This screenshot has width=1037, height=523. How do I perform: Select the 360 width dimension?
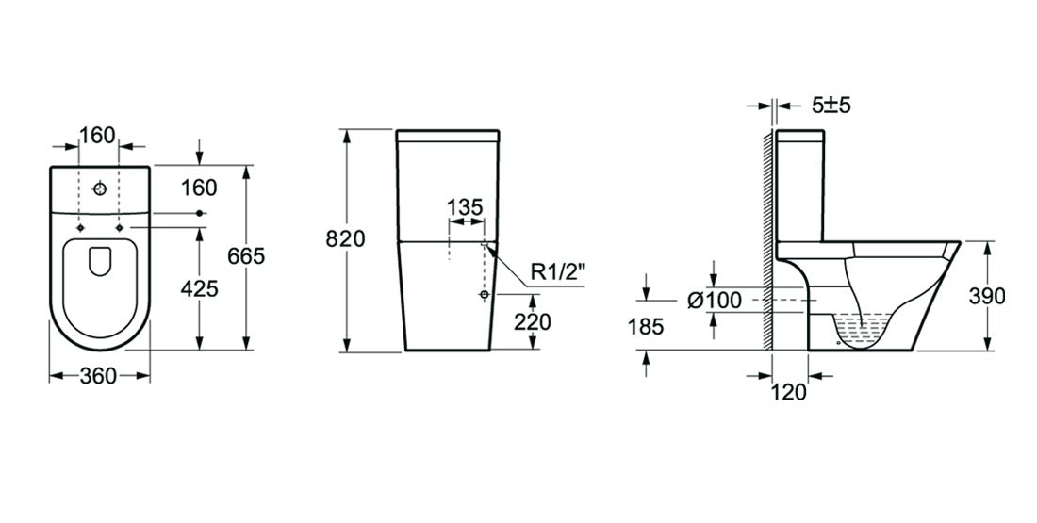click(x=98, y=376)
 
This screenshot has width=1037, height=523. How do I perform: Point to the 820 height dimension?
click(x=345, y=239)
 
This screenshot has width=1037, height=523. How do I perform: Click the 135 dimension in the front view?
click(x=465, y=206)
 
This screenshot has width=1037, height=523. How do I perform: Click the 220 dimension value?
click(x=533, y=321)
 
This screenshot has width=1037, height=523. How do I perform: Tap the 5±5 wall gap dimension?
click(x=831, y=106)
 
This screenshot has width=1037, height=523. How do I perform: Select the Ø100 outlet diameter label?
click(x=715, y=301)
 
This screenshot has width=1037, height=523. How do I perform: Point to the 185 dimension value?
click(x=646, y=327)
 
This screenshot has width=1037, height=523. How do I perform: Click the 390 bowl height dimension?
click(x=987, y=296)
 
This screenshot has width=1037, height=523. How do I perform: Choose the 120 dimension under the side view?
click(x=788, y=393)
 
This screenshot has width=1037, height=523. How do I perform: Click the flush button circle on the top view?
click(x=99, y=188)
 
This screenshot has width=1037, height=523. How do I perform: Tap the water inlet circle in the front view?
click(x=485, y=296)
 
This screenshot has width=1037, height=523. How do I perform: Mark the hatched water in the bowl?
click(x=862, y=330)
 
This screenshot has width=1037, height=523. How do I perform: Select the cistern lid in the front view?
click(x=449, y=136)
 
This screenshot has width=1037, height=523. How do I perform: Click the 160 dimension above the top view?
click(x=97, y=135)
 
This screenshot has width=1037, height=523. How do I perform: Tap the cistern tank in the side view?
click(x=800, y=184)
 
